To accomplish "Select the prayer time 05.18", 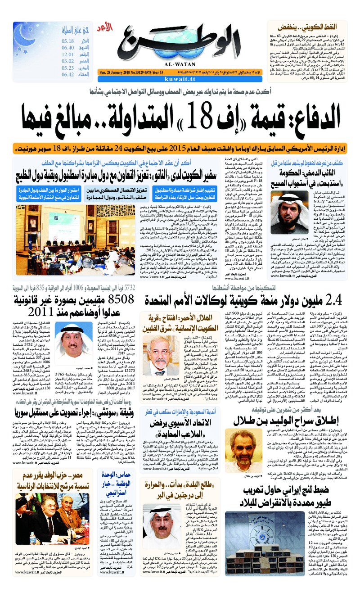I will coord(68,41).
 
